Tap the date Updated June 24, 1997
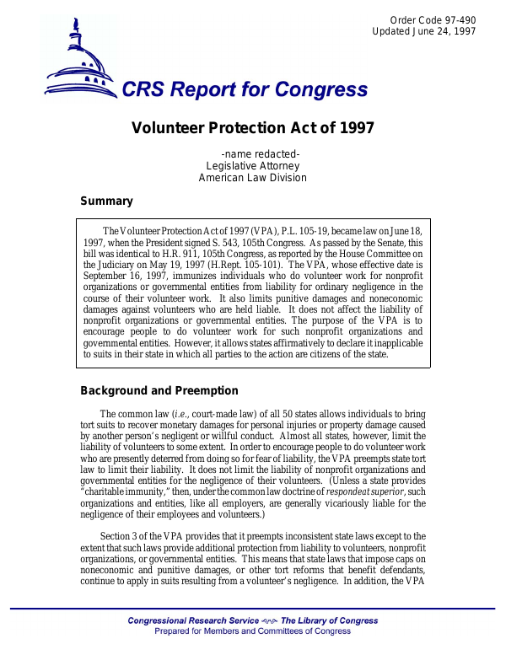[424, 32]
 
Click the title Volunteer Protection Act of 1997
[253, 128]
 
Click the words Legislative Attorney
[253, 166]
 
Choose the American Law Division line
[253, 178]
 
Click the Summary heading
[106, 201]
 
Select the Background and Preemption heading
[159, 391]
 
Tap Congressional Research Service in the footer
[197, 621]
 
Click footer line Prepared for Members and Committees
[253, 631]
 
